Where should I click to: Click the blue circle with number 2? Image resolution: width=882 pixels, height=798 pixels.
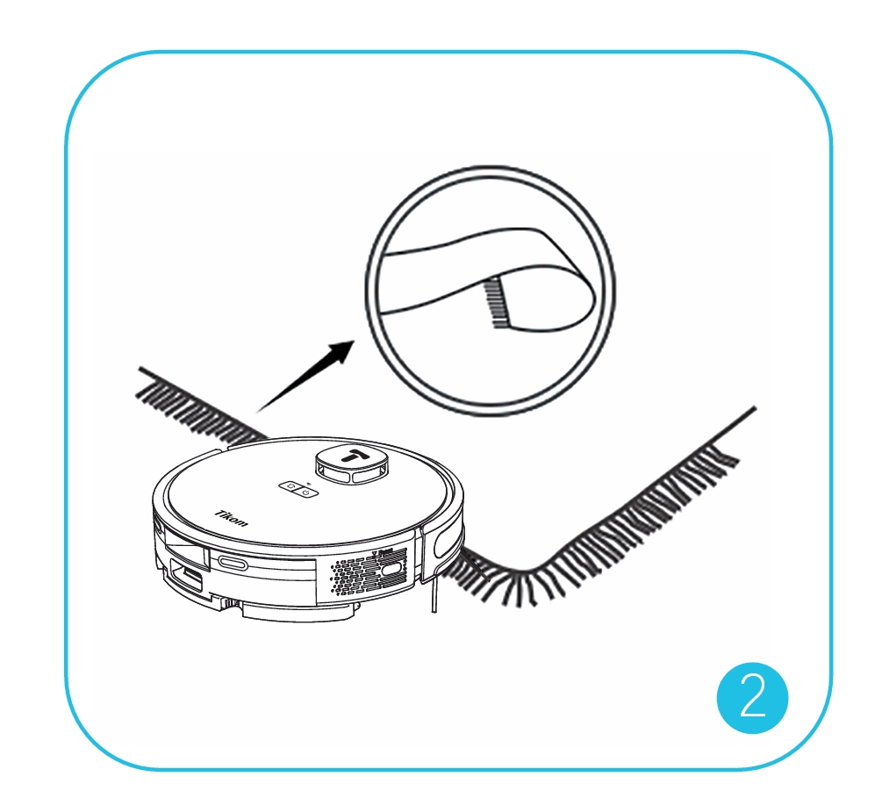point(752,698)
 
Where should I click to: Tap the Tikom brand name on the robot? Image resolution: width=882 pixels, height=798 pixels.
point(231,519)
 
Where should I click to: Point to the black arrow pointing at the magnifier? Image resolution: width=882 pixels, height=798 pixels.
point(305,376)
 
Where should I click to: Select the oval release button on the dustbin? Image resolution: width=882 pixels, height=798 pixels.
point(233,564)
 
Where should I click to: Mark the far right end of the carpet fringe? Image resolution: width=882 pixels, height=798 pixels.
point(755,407)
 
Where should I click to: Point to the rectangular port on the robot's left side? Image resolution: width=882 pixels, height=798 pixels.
point(186,579)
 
